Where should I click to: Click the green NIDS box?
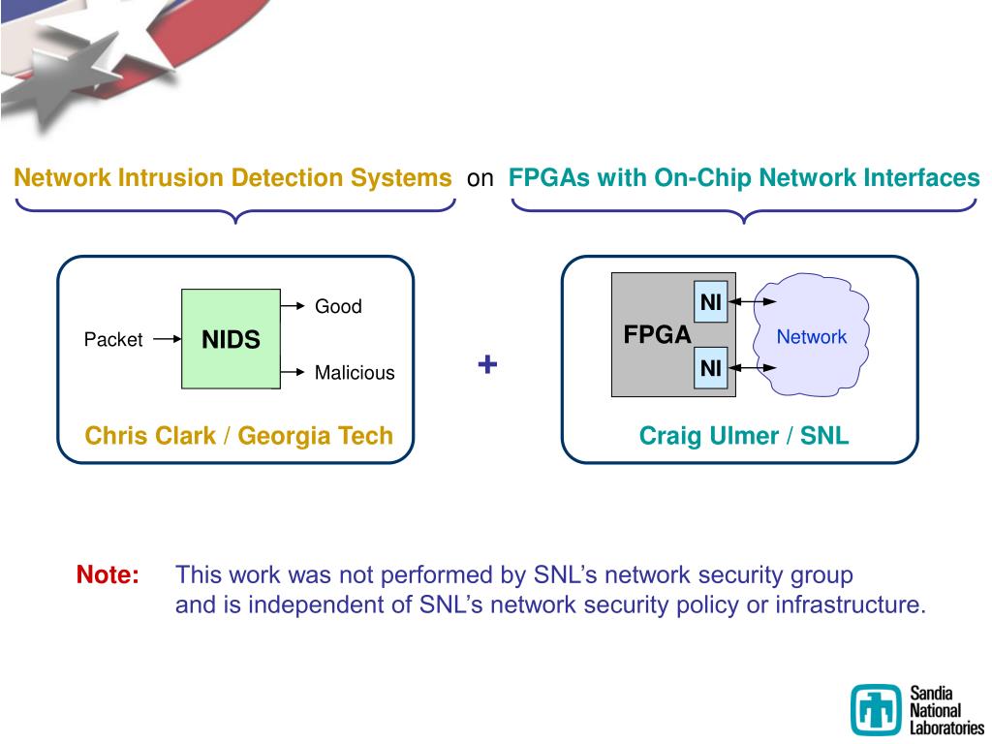[231, 339]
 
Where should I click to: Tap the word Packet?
[113, 340]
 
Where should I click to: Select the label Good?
[338, 306]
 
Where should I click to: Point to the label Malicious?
[355, 373]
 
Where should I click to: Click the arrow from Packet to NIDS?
[167, 339]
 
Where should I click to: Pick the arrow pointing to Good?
[293, 306]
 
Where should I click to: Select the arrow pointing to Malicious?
[293, 372]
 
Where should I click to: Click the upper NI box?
[710, 302]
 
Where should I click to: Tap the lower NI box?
[710, 367]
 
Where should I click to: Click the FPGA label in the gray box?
[658, 334]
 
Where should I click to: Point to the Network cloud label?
[811, 336]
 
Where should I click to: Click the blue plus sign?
[487, 364]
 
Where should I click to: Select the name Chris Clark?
[150, 436]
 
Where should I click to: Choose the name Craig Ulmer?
[708, 436]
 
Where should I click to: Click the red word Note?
[108, 574]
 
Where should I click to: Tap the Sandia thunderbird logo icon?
[876, 709]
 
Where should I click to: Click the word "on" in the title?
[480, 179]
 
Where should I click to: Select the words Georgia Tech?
[315, 436]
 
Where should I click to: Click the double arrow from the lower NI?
[752, 367]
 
